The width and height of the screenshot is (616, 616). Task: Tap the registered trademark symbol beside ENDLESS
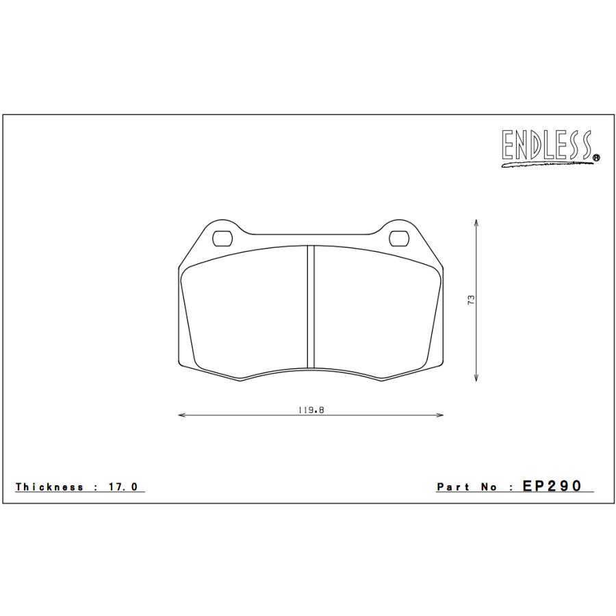pyautogui.click(x=596, y=158)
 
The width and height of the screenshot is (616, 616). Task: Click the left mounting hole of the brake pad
pyautogui.click(x=223, y=238)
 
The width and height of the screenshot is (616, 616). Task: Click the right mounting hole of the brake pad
pyautogui.click(x=398, y=238)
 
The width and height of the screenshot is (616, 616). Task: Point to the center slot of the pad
pyautogui.click(x=310, y=306)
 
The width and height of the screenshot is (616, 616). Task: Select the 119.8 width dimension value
pyautogui.click(x=310, y=410)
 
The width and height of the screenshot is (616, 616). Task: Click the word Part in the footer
pyautogui.click(x=452, y=487)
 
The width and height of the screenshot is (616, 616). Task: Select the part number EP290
pyautogui.click(x=552, y=486)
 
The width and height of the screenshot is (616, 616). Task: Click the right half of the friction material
pyautogui.click(x=373, y=311)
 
